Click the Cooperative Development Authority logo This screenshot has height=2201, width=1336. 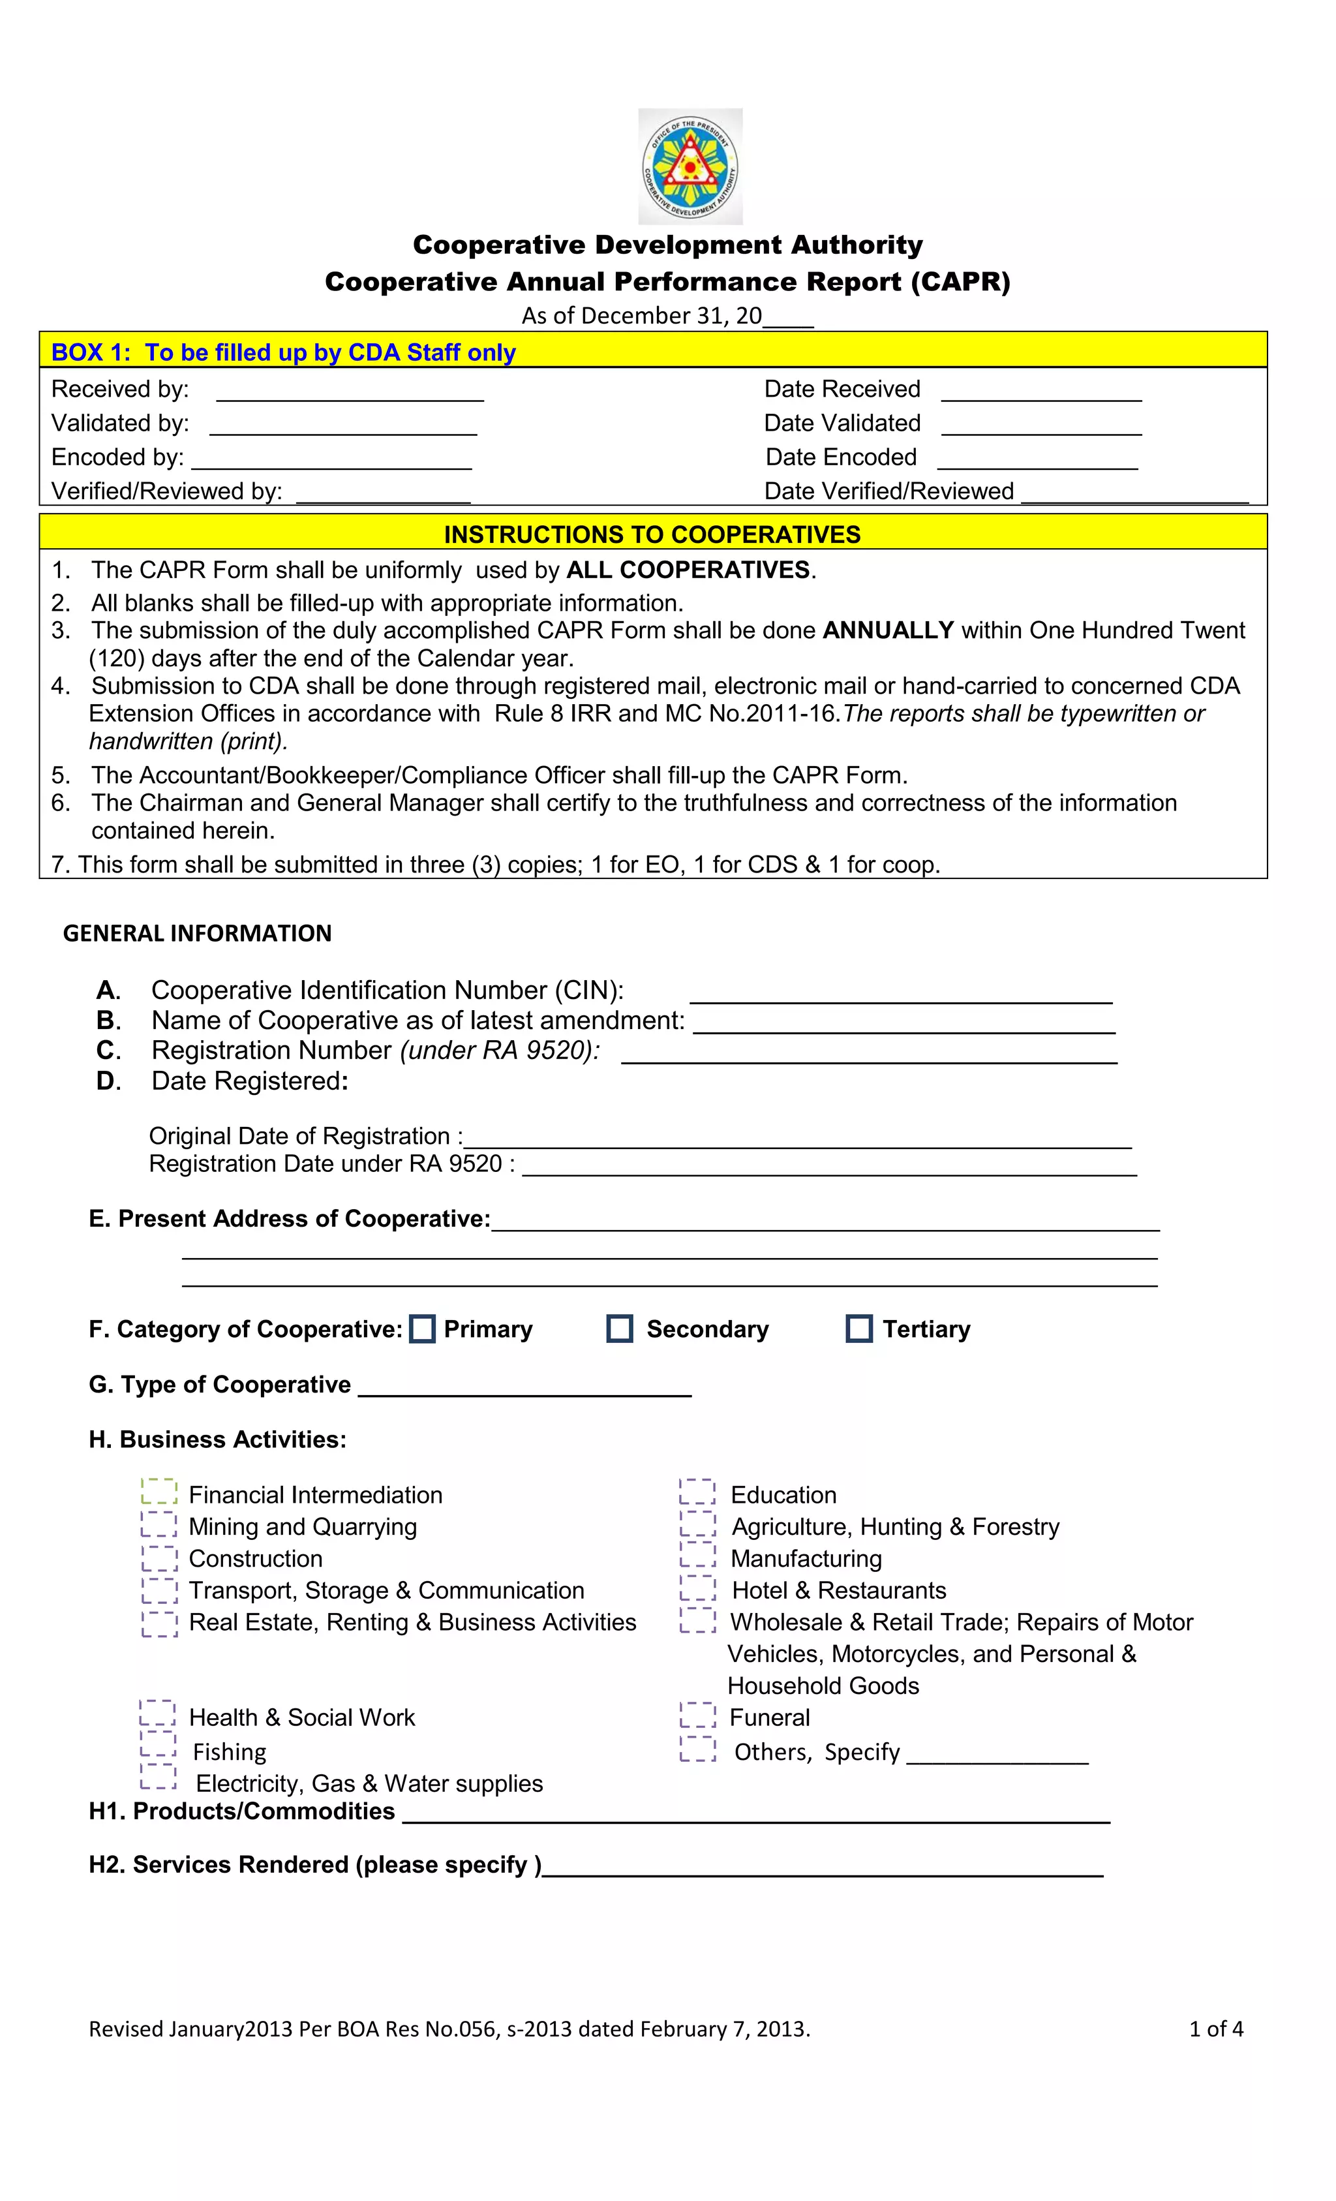pos(690,166)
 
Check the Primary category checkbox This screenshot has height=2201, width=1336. pos(423,1329)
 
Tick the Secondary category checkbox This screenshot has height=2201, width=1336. pos(620,1329)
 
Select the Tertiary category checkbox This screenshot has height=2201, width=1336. pos(859,1329)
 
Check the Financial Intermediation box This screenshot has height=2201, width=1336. pos(159,1492)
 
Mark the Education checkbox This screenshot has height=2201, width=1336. pos(697,1492)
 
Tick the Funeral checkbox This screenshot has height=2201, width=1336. pos(697,1715)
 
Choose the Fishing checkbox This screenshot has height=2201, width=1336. pos(158,1746)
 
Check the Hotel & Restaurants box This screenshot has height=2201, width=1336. pos(697,1588)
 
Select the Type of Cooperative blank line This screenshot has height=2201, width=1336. pos(524,1387)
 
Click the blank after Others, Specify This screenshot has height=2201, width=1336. pos(997,1755)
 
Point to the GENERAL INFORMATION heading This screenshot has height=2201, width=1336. pos(198,934)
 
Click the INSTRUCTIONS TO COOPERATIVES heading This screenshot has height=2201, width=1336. pos(652,534)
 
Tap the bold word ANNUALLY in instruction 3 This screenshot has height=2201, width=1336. pos(888,630)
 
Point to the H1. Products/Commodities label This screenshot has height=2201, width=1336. pos(242,1811)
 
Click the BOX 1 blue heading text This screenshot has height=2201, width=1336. pos(283,353)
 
